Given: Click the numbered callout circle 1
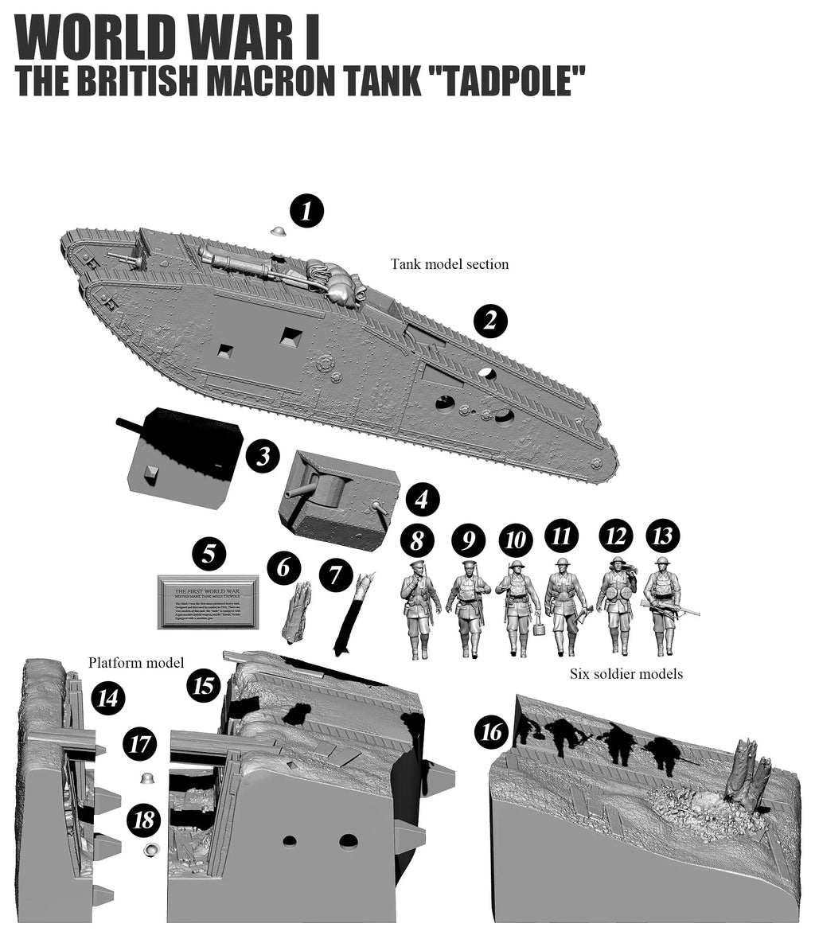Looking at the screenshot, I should (306, 211).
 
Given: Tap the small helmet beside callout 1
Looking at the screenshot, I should (279, 231).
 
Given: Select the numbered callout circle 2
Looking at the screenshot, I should (490, 320).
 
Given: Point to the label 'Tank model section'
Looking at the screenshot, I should (449, 264).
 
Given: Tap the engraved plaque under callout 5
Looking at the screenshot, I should (209, 601).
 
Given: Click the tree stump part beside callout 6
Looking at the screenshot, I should (296, 611).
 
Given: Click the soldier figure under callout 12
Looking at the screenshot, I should (616, 605).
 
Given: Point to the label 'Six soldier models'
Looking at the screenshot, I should (626, 674).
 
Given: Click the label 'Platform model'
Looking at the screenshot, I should (136, 662).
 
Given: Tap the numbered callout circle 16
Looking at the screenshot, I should (493, 731).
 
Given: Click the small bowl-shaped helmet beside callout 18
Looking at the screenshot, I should (149, 851).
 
